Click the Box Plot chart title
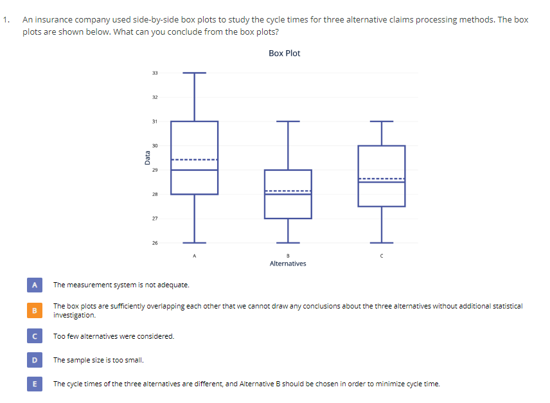284,53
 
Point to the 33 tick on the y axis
154,73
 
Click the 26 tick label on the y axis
154,243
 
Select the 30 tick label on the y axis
154,146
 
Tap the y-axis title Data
148,157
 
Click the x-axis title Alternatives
288,264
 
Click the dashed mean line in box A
194,159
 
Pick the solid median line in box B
288,194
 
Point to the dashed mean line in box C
382,178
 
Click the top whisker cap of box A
194,73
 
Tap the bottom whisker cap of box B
288,242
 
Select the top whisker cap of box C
382,121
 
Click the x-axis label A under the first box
194,256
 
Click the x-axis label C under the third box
382,256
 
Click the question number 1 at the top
5,19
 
